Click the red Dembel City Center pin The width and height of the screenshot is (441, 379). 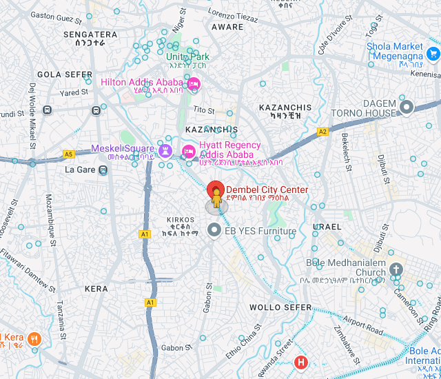coord(216,189)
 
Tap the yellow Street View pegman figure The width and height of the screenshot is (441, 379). coord(216,201)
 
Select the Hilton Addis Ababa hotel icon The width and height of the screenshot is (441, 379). coord(194,83)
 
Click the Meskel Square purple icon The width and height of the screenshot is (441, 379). coord(165,149)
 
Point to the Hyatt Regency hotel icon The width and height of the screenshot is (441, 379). coord(188,151)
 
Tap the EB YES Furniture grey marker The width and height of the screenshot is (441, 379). coord(214,231)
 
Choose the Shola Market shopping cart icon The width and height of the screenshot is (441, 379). coord(433,52)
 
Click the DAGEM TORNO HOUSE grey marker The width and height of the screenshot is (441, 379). coord(407,107)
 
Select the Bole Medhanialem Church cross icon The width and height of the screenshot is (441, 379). coord(396,269)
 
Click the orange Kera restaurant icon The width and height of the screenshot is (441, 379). coord(35,338)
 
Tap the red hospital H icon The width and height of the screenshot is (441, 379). coord(301,362)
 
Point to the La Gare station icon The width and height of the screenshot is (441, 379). coord(103,170)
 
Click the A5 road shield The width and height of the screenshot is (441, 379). coord(68,154)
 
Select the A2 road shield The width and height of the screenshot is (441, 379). coord(322,131)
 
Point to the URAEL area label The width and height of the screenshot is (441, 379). coord(327,226)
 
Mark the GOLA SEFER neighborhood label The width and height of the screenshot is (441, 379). coord(64,74)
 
